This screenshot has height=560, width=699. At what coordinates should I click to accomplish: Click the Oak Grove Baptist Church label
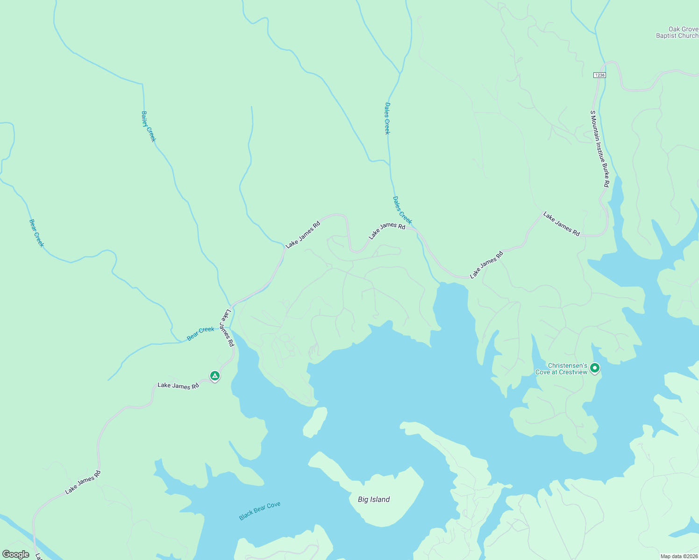point(677,32)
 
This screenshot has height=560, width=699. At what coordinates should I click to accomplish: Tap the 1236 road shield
point(600,75)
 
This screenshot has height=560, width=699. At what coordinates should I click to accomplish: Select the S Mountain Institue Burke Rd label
point(599,149)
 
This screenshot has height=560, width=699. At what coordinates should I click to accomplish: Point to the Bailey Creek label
point(149,126)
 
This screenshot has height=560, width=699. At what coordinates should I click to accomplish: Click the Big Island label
point(374,499)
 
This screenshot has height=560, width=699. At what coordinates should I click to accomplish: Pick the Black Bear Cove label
point(260,511)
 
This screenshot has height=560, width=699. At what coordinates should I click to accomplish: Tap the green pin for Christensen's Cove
point(595,368)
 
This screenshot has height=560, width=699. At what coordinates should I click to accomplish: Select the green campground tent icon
point(214,375)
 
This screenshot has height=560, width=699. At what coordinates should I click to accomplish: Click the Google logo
point(16,554)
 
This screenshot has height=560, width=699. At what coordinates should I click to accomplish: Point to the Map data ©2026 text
point(678,556)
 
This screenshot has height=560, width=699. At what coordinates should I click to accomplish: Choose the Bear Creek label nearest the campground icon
point(200,333)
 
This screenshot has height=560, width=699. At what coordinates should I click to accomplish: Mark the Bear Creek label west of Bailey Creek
point(36,233)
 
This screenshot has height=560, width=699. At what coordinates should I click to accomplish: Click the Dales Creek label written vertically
point(387,119)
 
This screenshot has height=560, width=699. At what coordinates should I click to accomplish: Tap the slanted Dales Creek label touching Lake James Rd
point(402,210)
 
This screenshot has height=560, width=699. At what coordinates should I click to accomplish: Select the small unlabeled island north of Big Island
point(315,422)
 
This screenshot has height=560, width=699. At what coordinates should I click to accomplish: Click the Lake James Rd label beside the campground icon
point(178,385)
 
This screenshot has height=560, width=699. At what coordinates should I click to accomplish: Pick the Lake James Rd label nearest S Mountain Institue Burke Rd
point(562,224)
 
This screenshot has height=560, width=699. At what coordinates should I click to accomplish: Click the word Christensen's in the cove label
point(567,365)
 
